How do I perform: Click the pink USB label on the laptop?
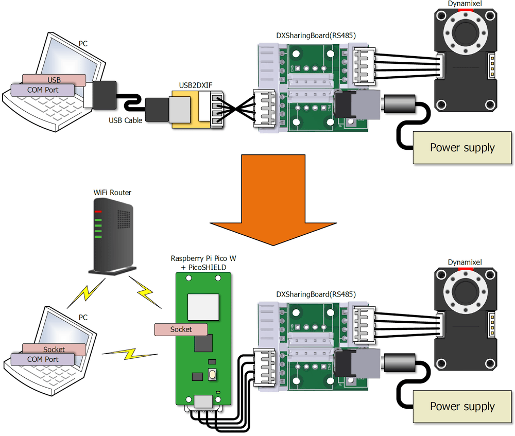pos(54,80)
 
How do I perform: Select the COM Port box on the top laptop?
pos(43,90)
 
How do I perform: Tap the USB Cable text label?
pos(126,120)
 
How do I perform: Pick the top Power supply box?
pos(462,148)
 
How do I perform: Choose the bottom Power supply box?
pos(462,407)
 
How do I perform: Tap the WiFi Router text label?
pos(112,193)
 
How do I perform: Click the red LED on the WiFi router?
pos(98,212)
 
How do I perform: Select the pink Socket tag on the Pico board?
pos(181,329)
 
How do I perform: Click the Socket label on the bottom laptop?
pos(54,350)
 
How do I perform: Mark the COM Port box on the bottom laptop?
pos(43,359)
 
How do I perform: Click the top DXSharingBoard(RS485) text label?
pos(316,36)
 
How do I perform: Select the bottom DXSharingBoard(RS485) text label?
pos(316,294)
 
